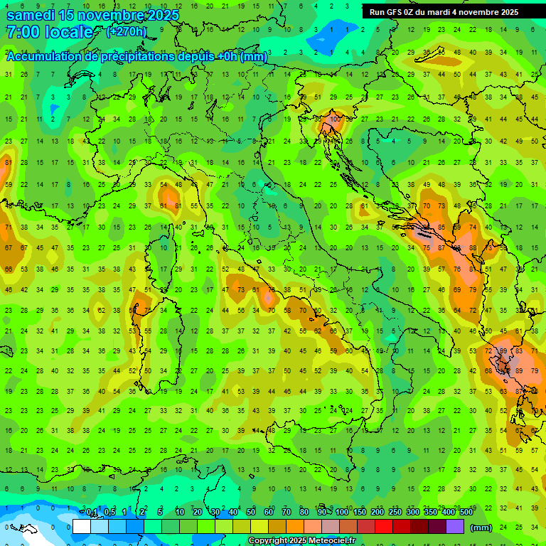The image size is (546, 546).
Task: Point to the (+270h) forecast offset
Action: coord(127,31)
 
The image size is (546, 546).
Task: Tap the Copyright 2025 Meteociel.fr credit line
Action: coord(302,540)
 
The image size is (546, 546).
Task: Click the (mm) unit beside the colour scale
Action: coord(481,527)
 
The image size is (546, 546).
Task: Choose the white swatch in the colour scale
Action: coord(82,527)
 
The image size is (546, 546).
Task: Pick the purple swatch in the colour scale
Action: coord(455,527)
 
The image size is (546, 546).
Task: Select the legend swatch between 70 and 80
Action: coord(295,527)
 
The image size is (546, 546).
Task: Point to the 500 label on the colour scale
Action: coord(466,513)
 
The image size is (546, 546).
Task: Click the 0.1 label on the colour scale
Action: coord(92,513)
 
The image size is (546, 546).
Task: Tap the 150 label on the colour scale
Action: coord(359,513)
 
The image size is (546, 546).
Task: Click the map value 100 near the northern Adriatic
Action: coord(334,120)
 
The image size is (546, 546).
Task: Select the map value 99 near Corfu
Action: coord(503,351)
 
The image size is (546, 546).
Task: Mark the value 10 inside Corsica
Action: coord(164,247)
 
